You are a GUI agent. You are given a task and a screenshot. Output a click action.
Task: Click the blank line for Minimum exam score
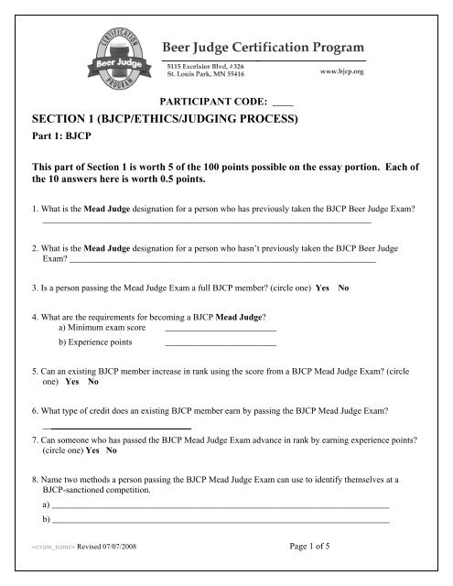[x=220, y=328]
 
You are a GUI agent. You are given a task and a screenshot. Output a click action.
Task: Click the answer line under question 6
[x=116, y=428]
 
